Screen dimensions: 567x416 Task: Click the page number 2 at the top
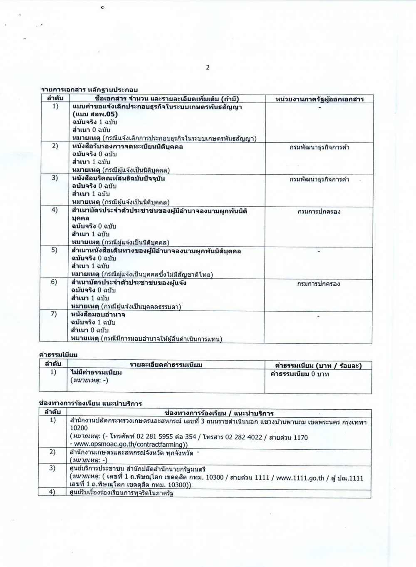click(208, 68)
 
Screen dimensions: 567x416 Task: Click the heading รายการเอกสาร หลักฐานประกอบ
click(89, 89)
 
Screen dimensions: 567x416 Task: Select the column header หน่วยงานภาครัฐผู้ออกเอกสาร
click(319, 99)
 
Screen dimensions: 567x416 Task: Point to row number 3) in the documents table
click(54, 178)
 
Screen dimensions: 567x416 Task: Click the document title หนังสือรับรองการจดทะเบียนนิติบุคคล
click(127, 146)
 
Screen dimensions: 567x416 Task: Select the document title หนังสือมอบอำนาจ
click(98, 314)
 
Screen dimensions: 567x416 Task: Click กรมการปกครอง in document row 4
click(319, 212)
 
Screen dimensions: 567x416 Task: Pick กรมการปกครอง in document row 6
click(319, 284)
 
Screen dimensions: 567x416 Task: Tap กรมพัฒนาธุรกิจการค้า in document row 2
click(319, 147)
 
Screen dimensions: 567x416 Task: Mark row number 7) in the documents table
click(54, 314)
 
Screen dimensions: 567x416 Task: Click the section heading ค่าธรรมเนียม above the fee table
click(58, 355)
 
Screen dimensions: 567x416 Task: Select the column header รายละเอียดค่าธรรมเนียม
click(166, 365)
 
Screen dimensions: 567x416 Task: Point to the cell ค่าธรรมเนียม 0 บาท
click(300, 374)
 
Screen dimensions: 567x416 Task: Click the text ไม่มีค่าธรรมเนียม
click(96, 373)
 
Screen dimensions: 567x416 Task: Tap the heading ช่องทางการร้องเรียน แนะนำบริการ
click(90, 404)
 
